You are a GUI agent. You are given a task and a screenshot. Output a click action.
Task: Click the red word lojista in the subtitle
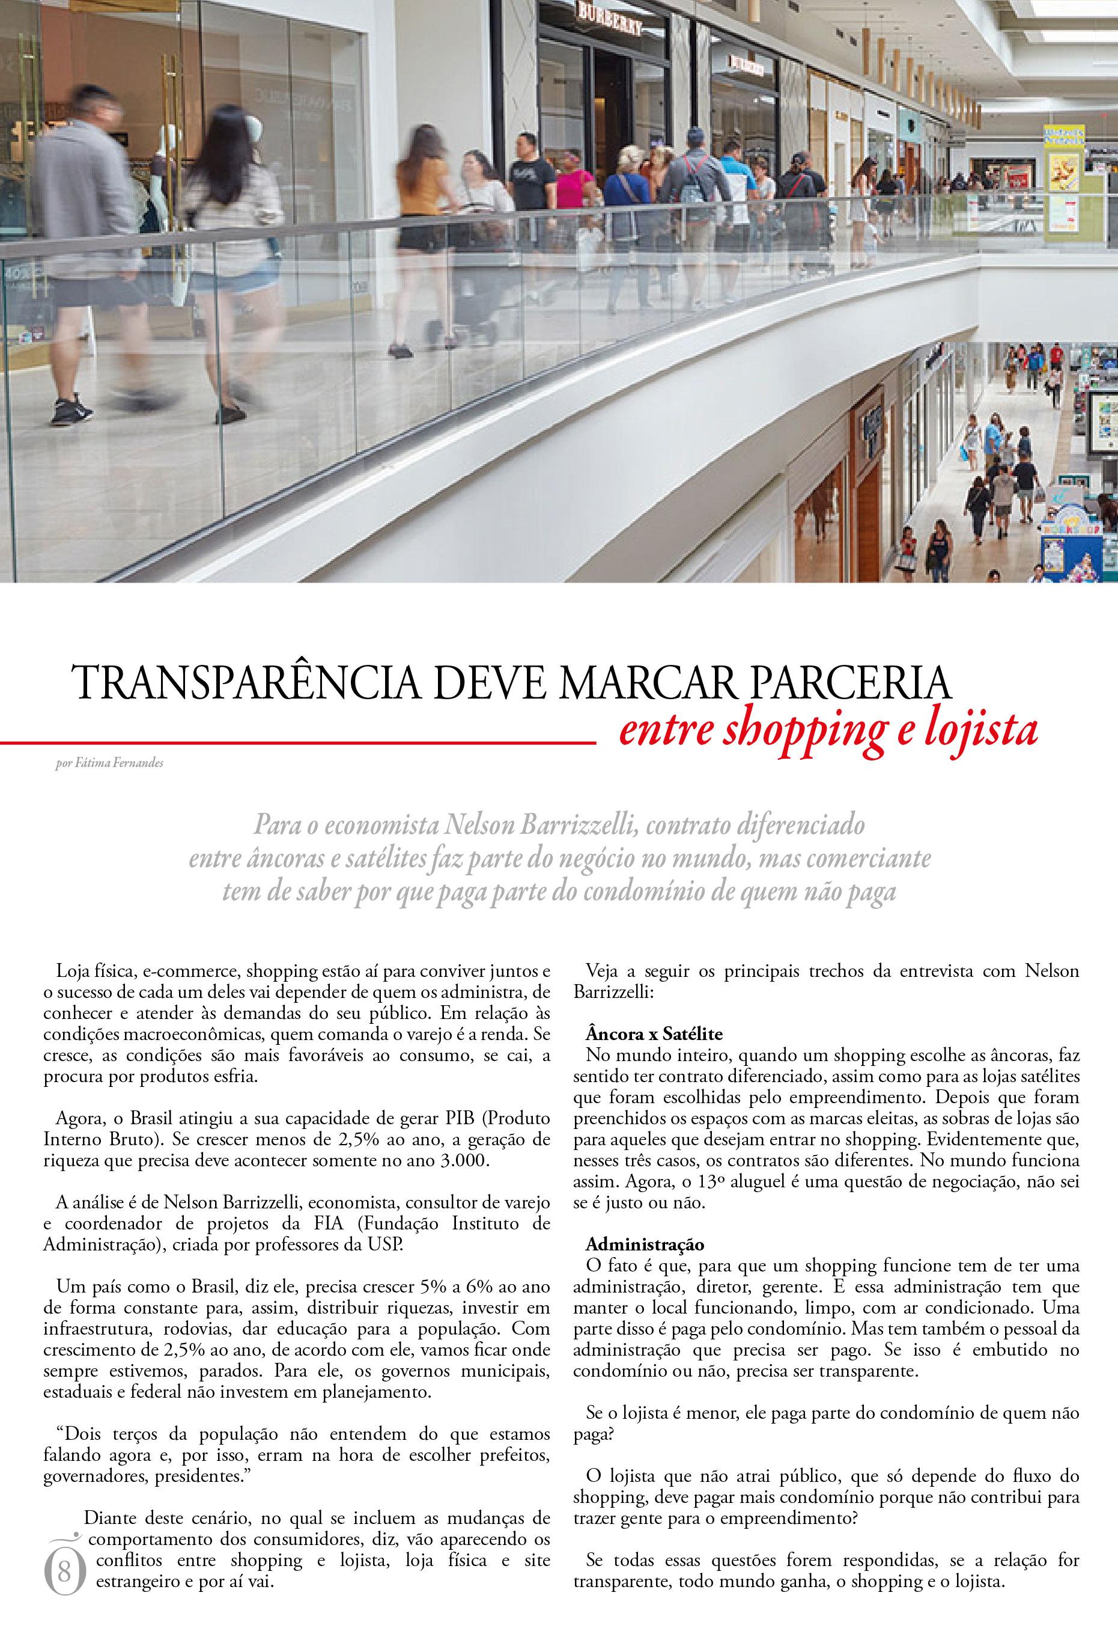[x=980, y=731]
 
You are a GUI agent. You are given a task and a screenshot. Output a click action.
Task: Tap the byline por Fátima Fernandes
[x=109, y=763]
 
